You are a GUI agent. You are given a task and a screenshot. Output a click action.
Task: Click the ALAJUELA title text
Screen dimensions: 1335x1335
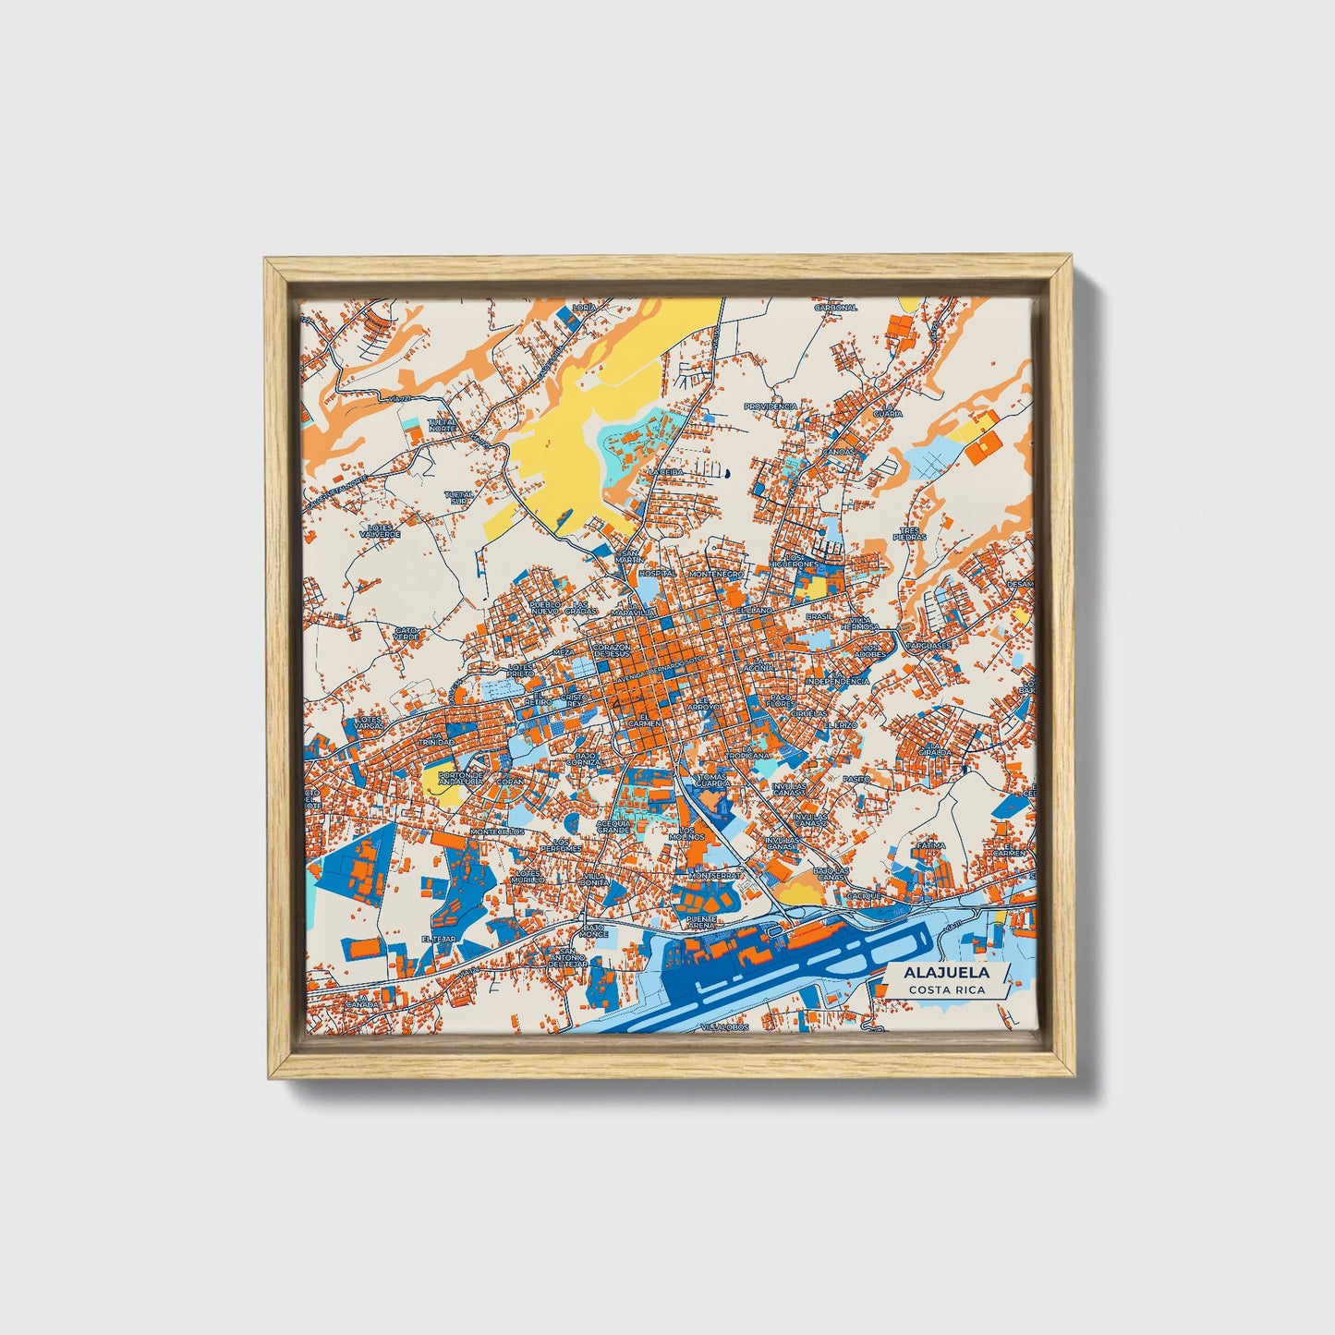coord(946,973)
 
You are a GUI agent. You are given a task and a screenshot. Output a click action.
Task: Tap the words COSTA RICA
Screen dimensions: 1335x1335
coord(946,990)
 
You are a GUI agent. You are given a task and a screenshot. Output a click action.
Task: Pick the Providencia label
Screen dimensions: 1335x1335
coord(771,407)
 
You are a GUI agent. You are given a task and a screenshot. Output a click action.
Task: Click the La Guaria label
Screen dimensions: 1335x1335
coord(888,411)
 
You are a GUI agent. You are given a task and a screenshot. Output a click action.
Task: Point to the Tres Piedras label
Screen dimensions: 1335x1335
coord(909,534)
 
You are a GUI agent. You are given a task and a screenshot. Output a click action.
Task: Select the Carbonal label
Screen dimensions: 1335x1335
coord(835,308)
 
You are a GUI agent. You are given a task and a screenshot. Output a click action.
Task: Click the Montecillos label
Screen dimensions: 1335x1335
coord(497,831)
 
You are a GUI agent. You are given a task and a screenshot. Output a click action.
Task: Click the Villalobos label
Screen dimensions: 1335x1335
coord(722,1027)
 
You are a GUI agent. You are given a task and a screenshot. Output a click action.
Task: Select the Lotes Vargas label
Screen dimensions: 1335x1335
coord(369,722)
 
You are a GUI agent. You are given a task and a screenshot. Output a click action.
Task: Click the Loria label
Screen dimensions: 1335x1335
coord(584,307)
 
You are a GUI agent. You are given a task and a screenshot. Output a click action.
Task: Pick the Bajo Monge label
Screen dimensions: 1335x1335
coord(593,930)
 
